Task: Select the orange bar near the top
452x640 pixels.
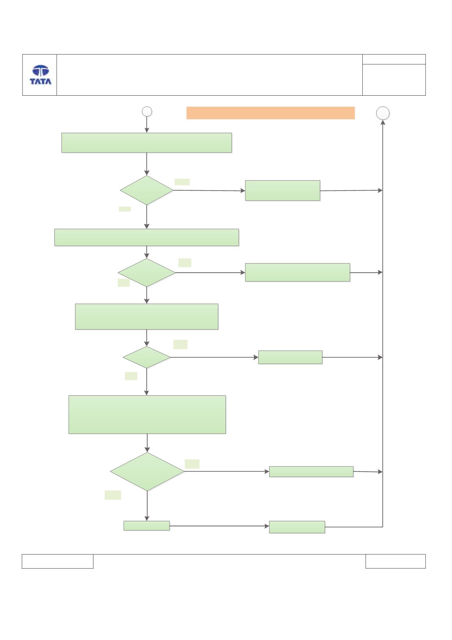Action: (270, 113)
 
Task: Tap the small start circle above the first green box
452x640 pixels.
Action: (147, 111)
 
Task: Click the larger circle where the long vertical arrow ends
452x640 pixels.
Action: (383, 113)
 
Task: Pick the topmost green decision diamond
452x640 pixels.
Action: (147, 190)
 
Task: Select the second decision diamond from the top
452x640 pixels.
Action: (147, 273)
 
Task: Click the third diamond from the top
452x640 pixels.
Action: (147, 357)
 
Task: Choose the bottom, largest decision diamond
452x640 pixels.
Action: (147, 472)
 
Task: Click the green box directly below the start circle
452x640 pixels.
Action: (147, 143)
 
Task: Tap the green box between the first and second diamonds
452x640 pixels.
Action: (147, 238)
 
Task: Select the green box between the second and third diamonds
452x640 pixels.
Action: (147, 317)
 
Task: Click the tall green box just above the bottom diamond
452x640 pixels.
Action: (147, 414)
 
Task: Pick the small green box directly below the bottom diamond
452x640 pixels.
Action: (147, 526)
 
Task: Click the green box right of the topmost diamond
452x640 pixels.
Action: (282, 191)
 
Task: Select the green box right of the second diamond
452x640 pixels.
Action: (297, 272)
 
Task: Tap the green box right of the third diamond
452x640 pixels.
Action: (290, 357)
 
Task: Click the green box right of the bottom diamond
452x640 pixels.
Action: (311, 472)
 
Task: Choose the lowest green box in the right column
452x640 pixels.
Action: (297, 527)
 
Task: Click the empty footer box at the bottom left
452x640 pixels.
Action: (58, 561)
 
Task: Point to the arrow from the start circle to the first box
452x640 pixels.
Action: (147, 125)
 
